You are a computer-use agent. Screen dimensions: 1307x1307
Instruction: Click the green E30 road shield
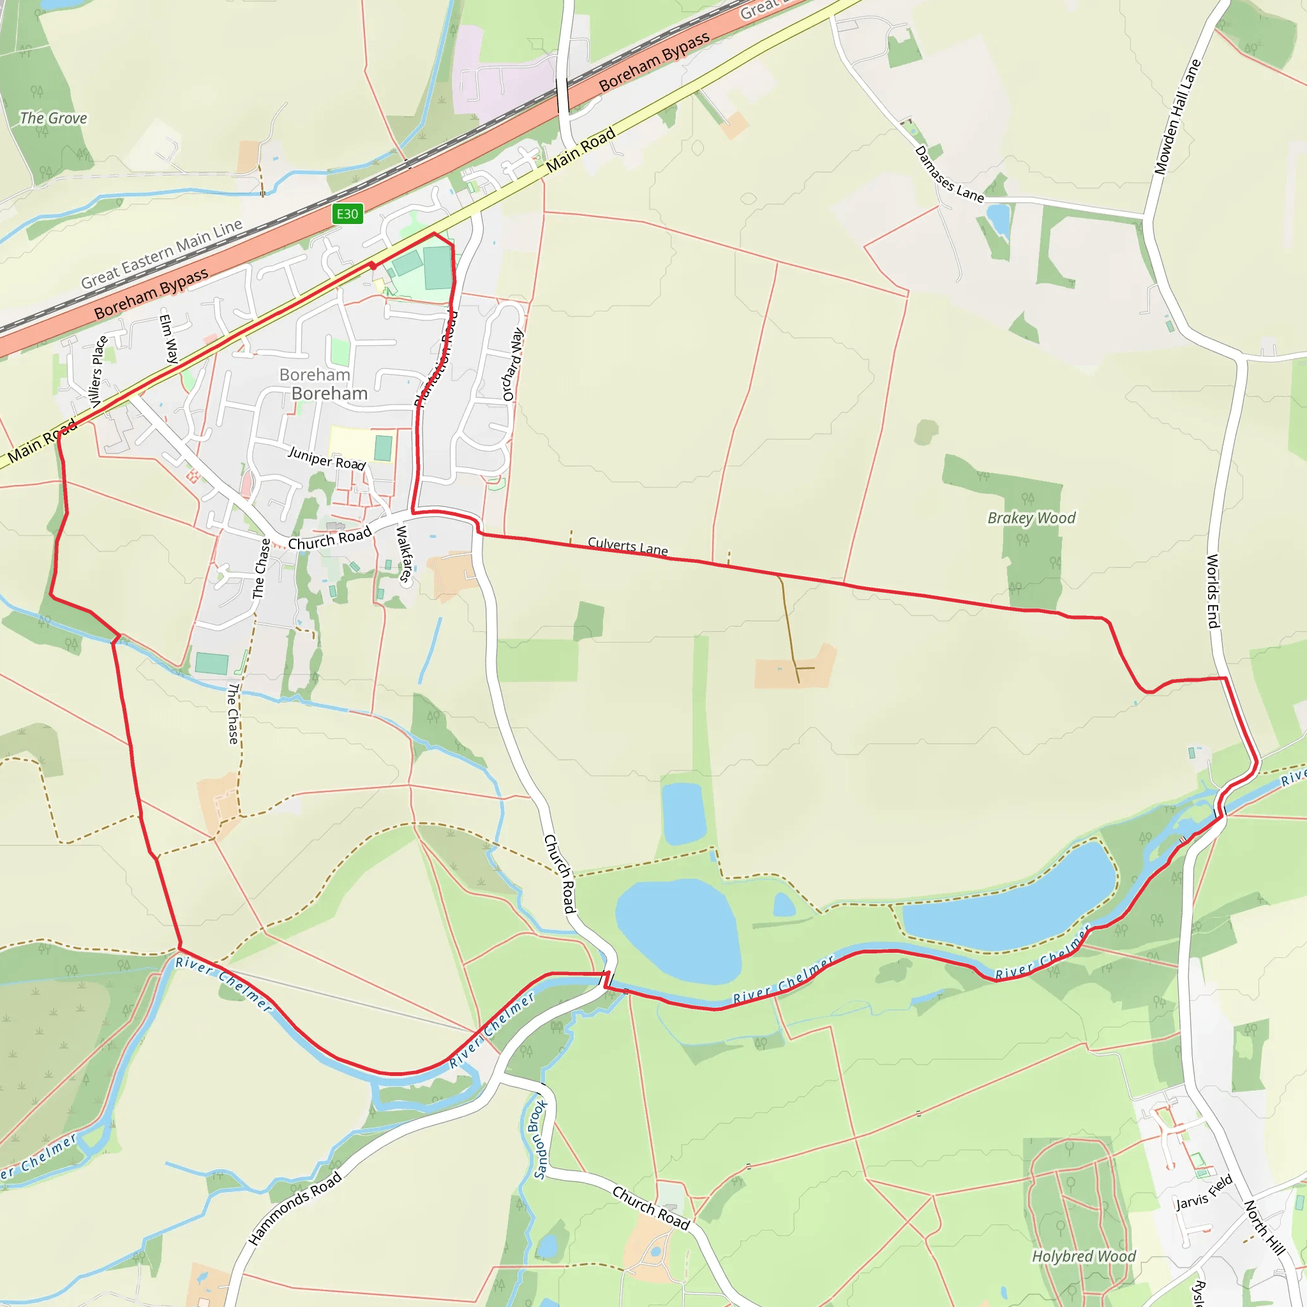click(348, 214)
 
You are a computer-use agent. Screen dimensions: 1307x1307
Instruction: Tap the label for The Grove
click(54, 119)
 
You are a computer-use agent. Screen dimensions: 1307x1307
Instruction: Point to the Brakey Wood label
click(1031, 518)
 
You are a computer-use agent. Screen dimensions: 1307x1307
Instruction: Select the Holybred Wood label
click(1084, 1256)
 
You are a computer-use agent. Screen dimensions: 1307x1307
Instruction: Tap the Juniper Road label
click(327, 458)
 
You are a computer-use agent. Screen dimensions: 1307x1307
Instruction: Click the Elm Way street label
click(169, 339)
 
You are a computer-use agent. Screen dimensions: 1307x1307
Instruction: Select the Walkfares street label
click(403, 553)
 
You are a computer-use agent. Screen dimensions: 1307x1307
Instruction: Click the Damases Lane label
click(948, 174)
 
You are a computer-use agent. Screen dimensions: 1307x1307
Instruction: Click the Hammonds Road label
click(295, 1208)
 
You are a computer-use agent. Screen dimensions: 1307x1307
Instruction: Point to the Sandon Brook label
click(539, 1140)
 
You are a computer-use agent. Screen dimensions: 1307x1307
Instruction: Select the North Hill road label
click(1264, 1228)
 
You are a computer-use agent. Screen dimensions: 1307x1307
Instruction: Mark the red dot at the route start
click(372, 266)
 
